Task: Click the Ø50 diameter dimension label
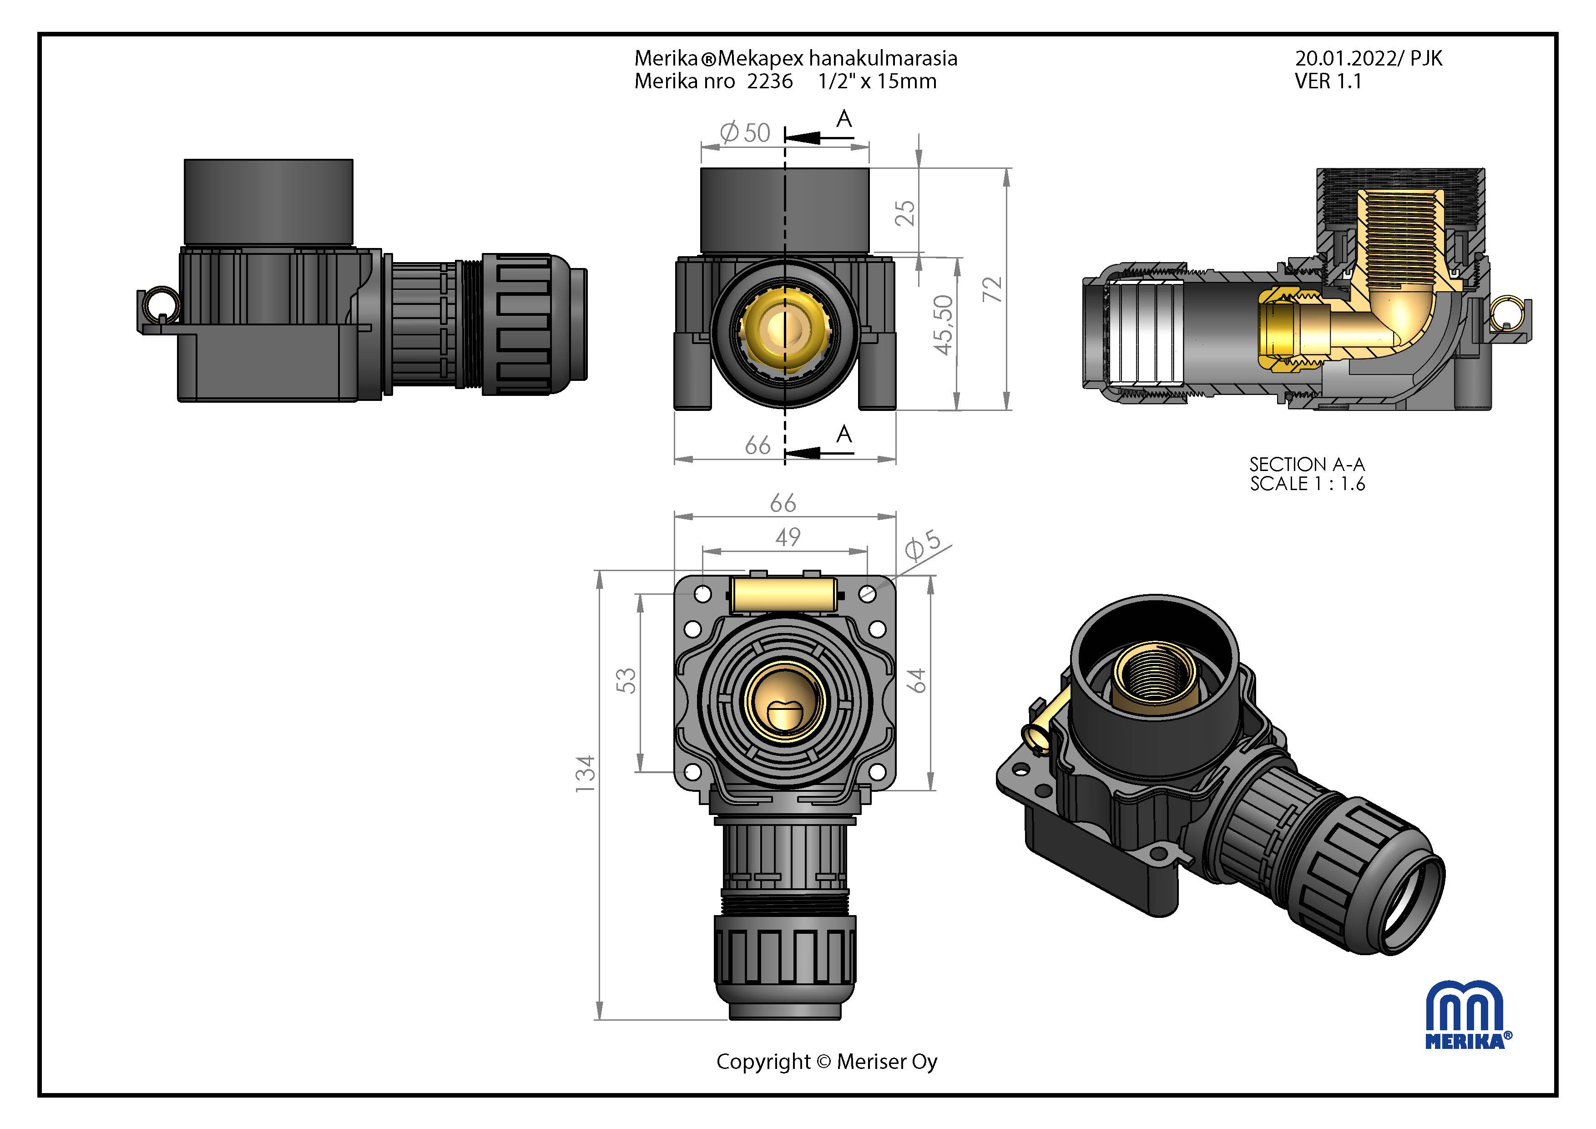[x=745, y=132]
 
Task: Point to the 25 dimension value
[x=905, y=213]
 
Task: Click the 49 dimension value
[x=788, y=537]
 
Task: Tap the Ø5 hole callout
[x=922, y=545]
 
